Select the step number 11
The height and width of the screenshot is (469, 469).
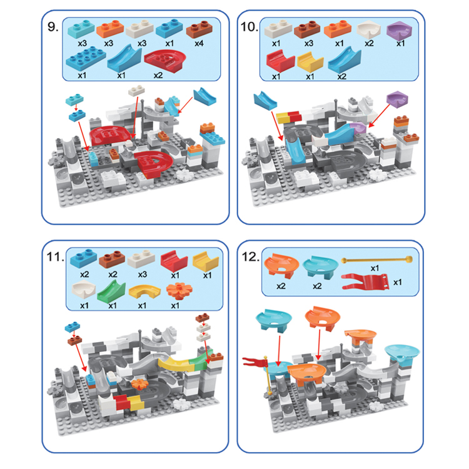point(55,258)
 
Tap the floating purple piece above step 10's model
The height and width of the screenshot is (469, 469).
point(395,99)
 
